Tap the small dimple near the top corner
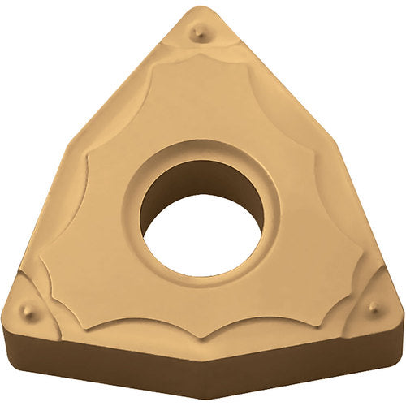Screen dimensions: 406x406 pos(197,32)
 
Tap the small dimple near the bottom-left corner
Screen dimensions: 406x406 pos(29,310)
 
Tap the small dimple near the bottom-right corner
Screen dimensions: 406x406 pos(373,307)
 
